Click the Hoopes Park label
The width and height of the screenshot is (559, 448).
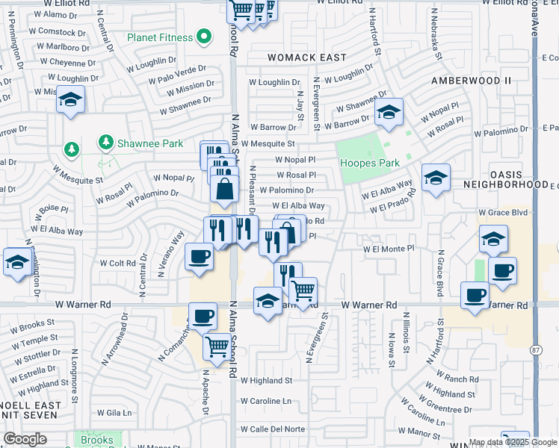click(x=369, y=163)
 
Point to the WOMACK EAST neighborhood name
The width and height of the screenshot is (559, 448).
click(x=308, y=57)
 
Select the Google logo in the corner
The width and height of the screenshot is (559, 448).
click(x=25, y=438)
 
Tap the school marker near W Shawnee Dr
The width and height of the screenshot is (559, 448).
click(x=389, y=112)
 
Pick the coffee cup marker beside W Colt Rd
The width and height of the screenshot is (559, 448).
click(x=199, y=257)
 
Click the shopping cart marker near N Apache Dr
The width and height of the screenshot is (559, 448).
click(x=217, y=345)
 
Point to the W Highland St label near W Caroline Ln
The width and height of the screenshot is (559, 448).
click(x=265, y=381)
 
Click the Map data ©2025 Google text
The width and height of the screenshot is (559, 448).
click(x=513, y=441)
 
